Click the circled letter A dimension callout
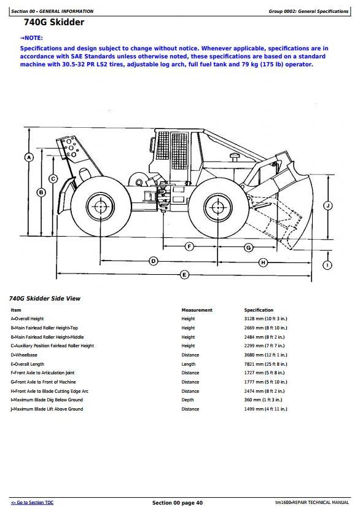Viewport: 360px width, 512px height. coord(29,157)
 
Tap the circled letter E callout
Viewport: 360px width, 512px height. coord(184,275)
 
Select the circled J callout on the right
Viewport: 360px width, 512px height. coord(327,206)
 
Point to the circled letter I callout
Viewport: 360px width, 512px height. coord(327,265)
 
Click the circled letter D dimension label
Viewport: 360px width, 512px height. coord(153,261)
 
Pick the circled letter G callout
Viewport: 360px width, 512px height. coord(248,248)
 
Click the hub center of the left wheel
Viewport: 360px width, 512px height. coord(100,207)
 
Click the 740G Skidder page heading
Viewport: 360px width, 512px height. coord(54,22)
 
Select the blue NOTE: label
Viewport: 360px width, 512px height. coord(31,38)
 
